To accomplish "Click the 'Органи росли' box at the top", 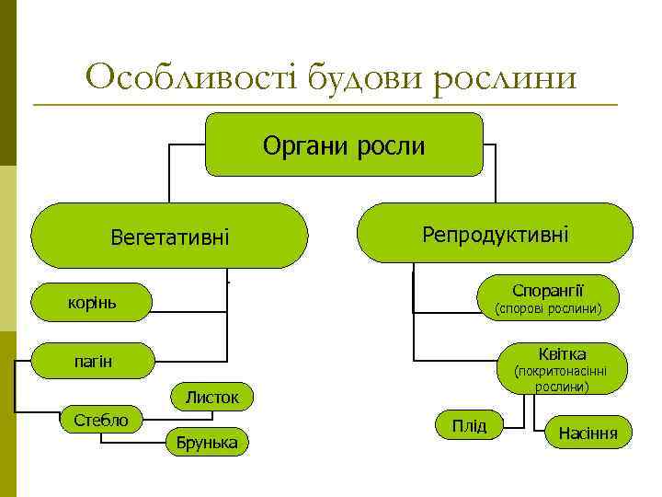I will click(x=344, y=144).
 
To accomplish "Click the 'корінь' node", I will click(x=92, y=302).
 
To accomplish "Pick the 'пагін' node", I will click(x=92, y=361).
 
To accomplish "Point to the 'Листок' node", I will click(x=211, y=398).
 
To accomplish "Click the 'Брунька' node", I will click(x=207, y=443).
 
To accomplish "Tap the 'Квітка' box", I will click(x=564, y=353).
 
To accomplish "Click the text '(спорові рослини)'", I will click(x=548, y=309).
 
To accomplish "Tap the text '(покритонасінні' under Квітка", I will click(x=562, y=372).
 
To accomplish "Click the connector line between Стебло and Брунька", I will click(x=133, y=443).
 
